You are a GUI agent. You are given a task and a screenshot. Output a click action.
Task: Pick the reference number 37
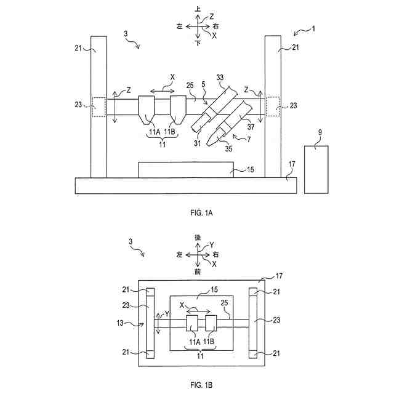click(x=251, y=127)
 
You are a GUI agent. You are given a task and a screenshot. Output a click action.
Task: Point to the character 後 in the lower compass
click(x=198, y=237)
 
